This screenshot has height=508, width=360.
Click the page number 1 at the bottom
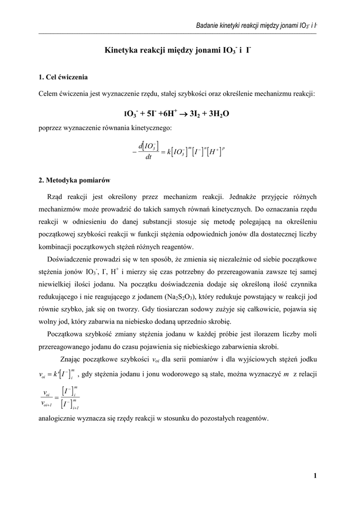[x=315, y=476]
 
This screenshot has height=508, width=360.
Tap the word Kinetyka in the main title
[x=122, y=50]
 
